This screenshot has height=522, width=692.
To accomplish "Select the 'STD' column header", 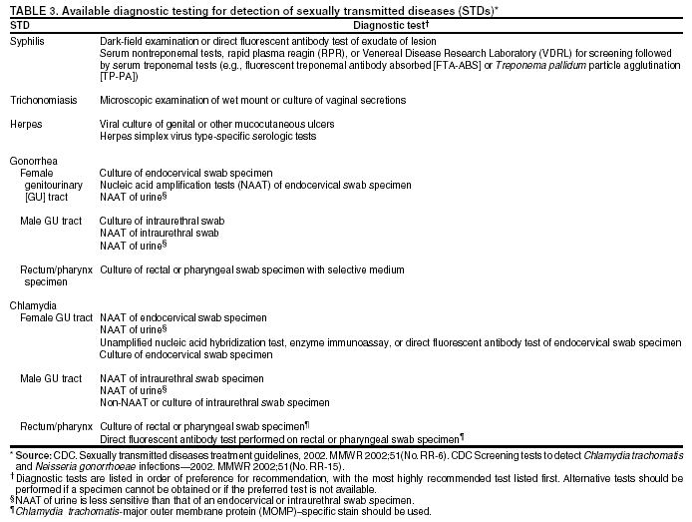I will pyautogui.click(x=21, y=25).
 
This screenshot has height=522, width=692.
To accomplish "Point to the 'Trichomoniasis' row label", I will pyautogui.click(x=42, y=101).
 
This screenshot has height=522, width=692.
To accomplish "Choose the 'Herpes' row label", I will pyautogui.click(x=26, y=124).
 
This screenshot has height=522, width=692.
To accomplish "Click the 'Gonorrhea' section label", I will pyautogui.click(x=33, y=161).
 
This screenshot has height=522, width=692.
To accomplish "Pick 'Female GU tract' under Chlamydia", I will pyautogui.click(x=57, y=317).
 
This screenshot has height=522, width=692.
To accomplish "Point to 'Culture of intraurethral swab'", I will pyautogui.click(x=163, y=221).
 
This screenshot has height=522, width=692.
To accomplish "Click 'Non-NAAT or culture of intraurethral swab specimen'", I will pyautogui.click(x=214, y=402).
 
